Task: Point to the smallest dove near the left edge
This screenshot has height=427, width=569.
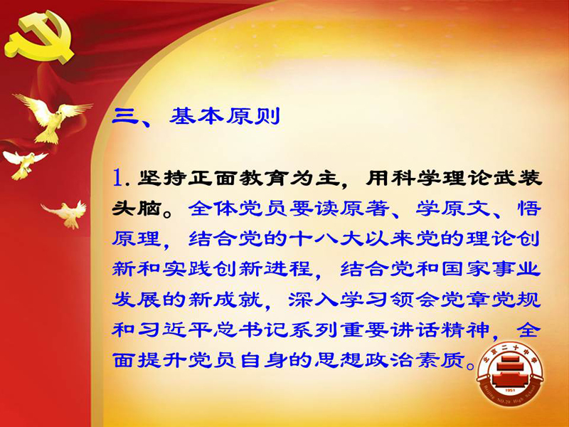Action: (x=24, y=164)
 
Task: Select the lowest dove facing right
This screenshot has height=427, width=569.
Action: (x=67, y=214)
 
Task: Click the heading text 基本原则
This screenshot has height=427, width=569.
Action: (x=225, y=117)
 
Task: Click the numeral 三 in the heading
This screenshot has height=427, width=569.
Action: (x=125, y=117)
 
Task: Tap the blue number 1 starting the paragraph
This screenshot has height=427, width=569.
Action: (x=118, y=177)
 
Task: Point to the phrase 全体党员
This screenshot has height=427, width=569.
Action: (x=238, y=209)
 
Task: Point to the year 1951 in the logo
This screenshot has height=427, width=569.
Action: (x=510, y=390)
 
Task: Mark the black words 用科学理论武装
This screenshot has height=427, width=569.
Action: (x=454, y=178)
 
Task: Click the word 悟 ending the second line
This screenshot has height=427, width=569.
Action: (x=528, y=209)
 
